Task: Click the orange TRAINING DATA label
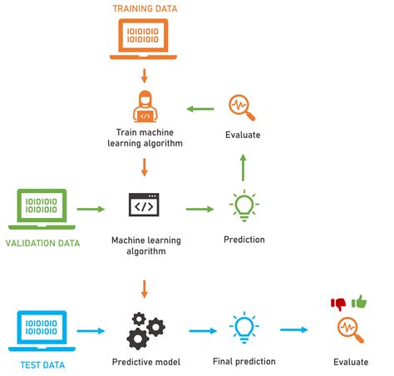coord(145,9)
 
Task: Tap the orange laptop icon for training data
coord(145,38)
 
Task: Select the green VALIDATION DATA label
coord(42,243)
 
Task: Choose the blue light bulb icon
coord(243,329)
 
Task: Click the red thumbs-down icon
coord(338,304)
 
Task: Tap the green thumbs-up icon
coord(359,301)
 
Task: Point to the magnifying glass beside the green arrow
coord(243,107)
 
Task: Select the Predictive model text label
coord(145,362)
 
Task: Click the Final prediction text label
coord(243,362)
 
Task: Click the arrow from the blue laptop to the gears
coord(91,330)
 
